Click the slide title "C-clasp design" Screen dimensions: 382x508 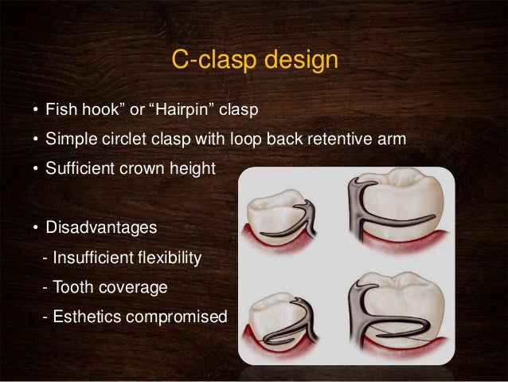[253, 61]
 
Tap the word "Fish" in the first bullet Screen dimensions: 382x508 [60, 108]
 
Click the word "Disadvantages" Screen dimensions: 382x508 [100, 227]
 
